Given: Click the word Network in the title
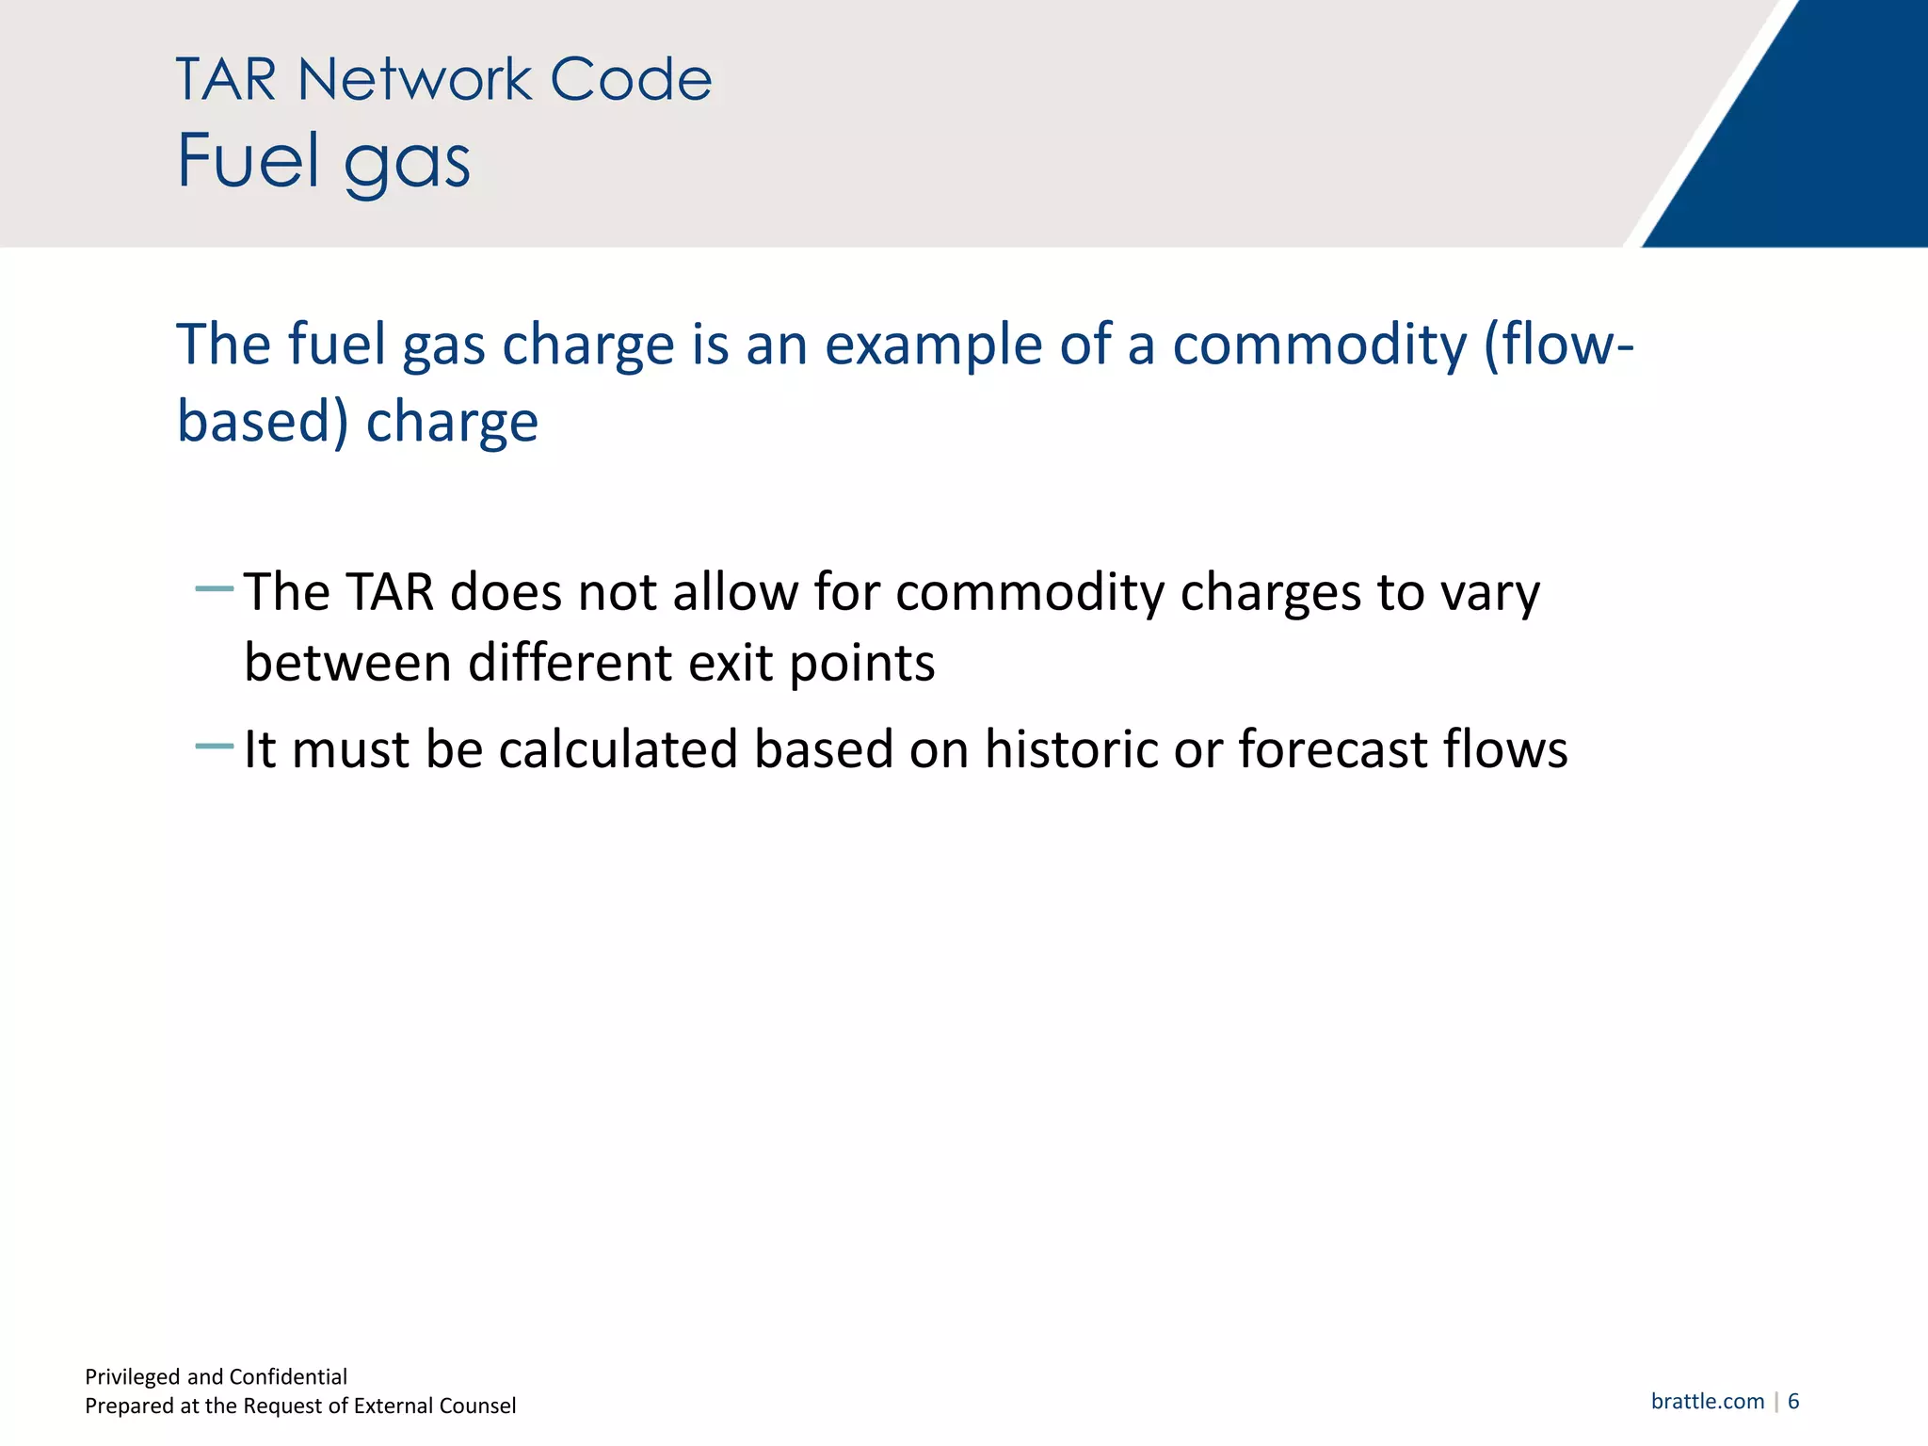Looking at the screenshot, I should coord(414,79).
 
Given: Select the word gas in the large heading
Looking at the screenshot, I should coord(407,166).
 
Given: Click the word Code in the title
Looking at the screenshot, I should coord(631,79).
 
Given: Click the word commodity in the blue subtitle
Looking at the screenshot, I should coord(1319,345).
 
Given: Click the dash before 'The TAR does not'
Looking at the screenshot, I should coord(214,590).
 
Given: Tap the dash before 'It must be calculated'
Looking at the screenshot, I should coord(214,747).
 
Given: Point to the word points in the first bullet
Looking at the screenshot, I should coord(861,665).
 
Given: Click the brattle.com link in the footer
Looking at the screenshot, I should coord(1707,1401).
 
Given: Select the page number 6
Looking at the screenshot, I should coord(1793,1401).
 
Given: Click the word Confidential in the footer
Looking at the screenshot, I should coord(288,1376).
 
